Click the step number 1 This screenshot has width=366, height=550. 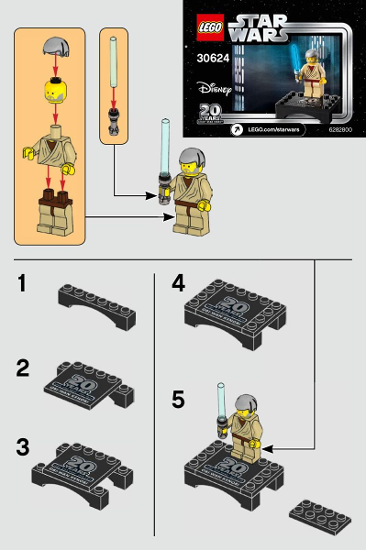tap(28, 284)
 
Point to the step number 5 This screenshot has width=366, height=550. tap(178, 400)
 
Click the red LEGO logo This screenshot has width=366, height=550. tap(207, 27)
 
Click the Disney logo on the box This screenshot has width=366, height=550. tap(214, 90)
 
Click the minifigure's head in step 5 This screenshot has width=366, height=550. tap(242, 422)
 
